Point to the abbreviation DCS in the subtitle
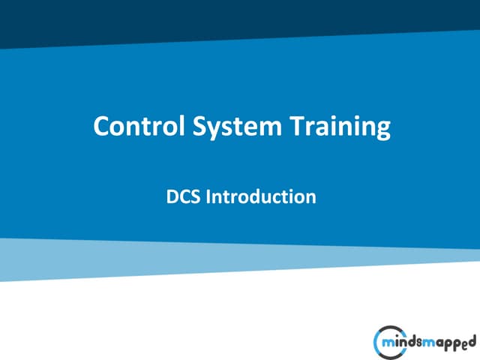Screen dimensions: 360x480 click(x=184, y=197)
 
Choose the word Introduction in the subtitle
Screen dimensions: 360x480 click(x=260, y=197)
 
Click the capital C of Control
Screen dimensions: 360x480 click(x=101, y=126)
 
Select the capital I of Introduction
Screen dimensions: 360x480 click(x=208, y=197)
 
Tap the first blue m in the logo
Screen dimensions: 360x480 click(x=386, y=342)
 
